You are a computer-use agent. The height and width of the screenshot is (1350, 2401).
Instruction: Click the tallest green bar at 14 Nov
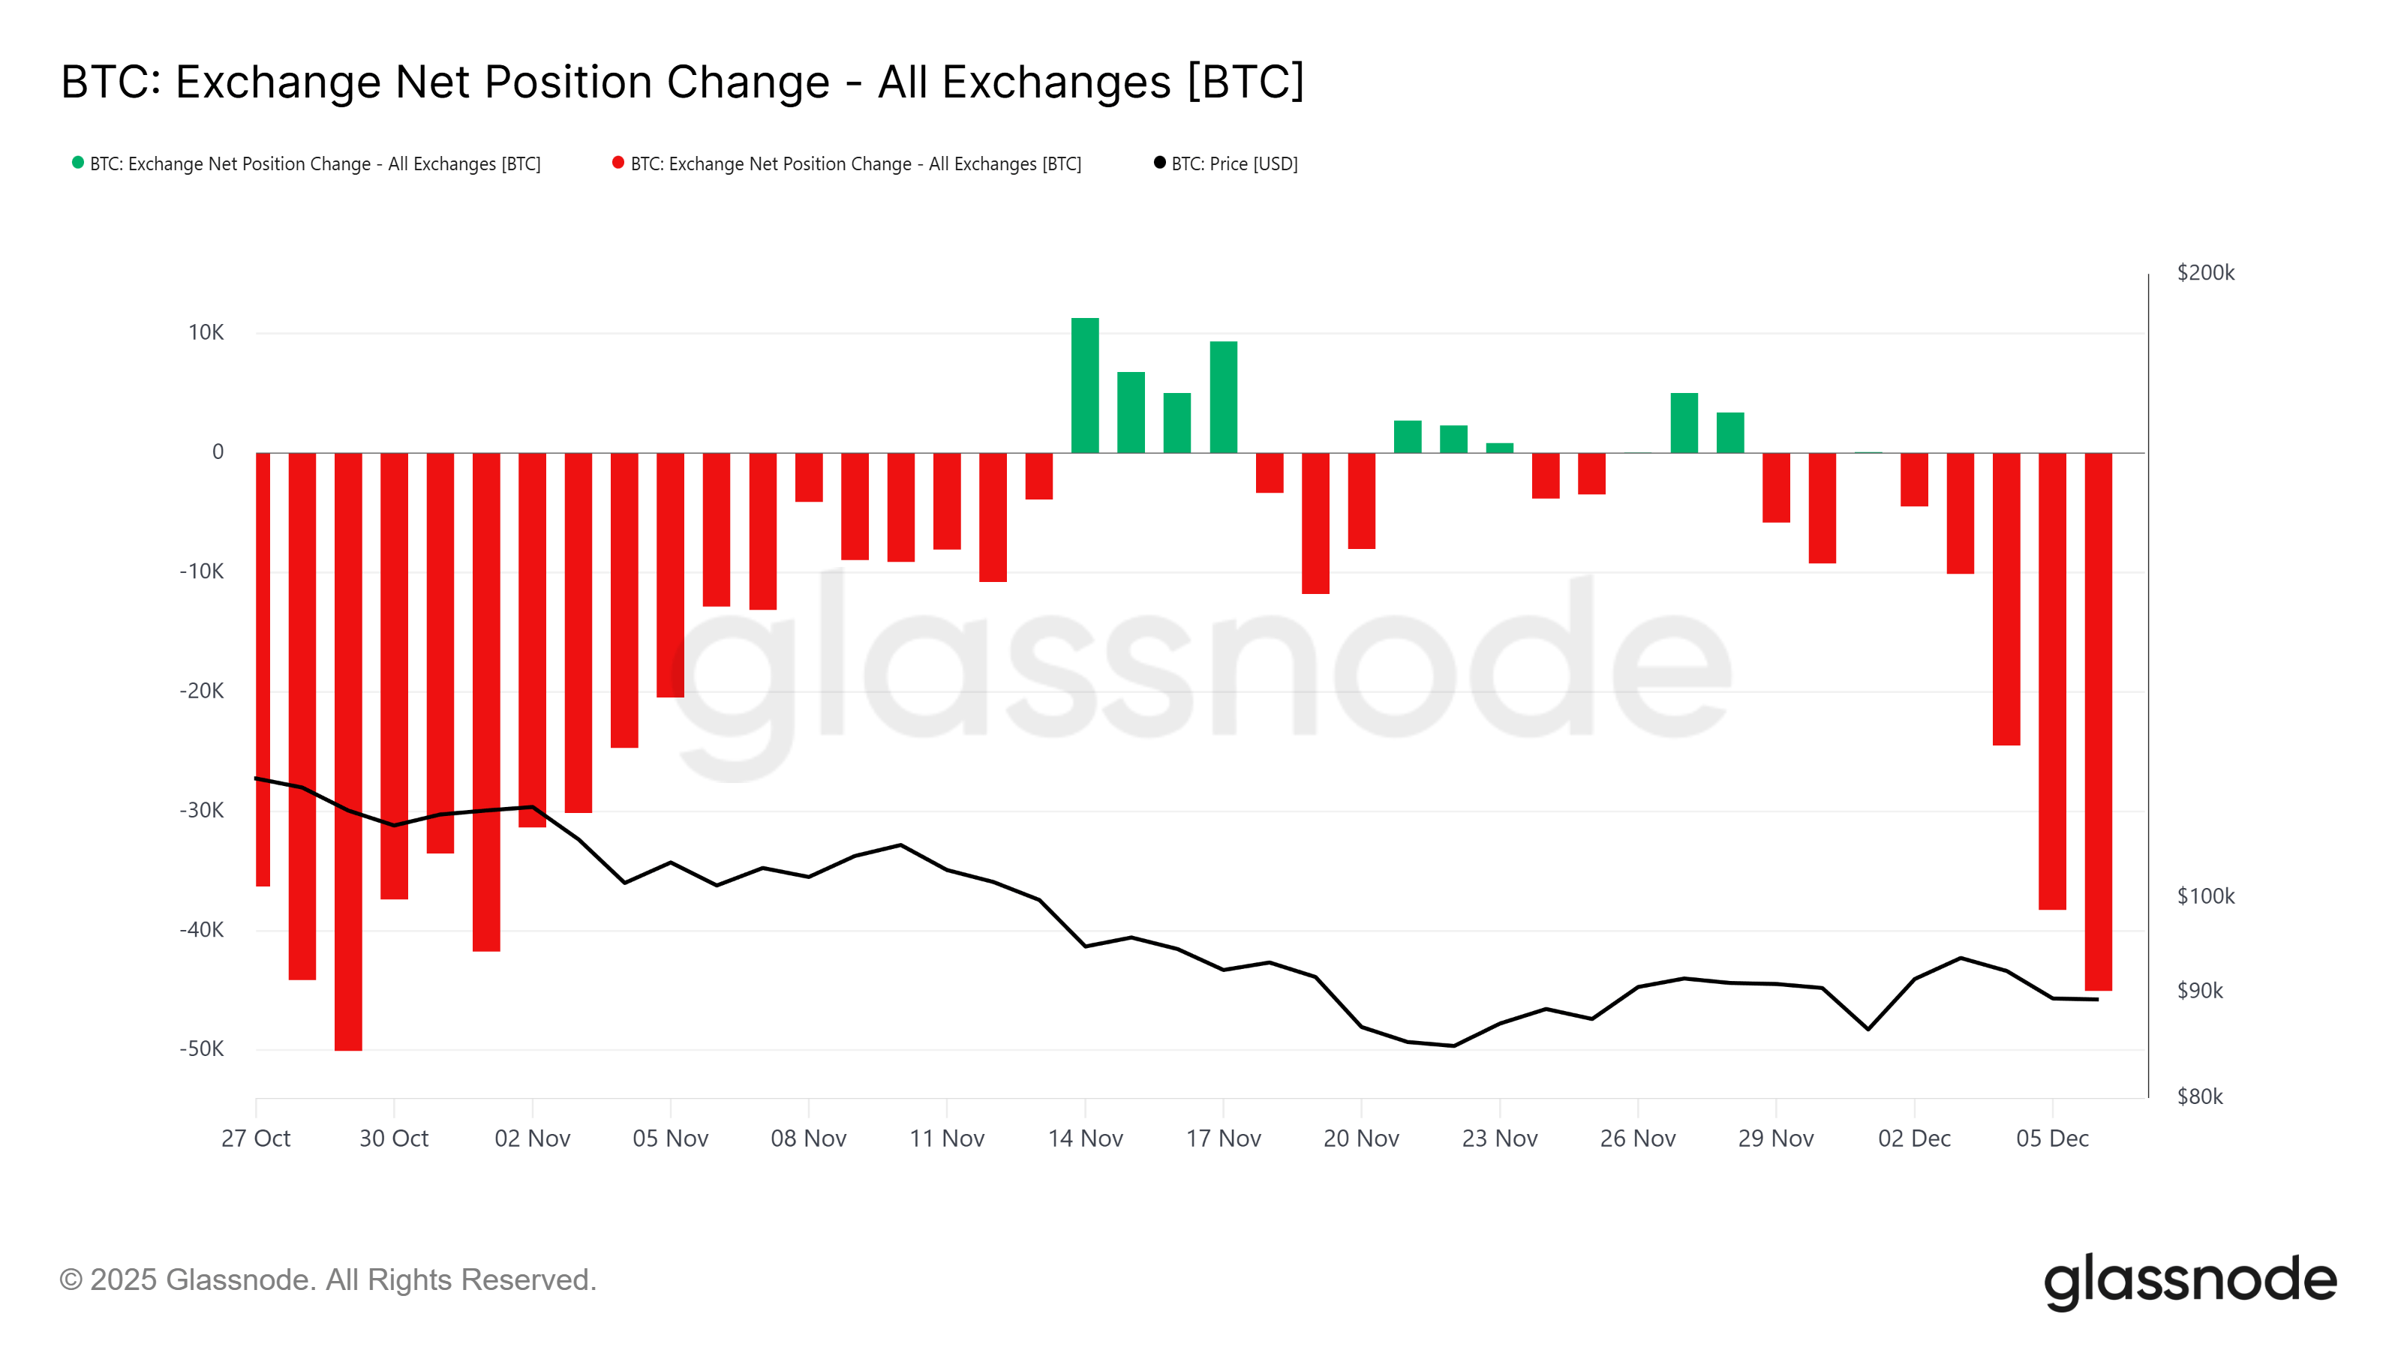(x=1085, y=385)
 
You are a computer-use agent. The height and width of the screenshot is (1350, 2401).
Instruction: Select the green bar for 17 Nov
(x=1223, y=397)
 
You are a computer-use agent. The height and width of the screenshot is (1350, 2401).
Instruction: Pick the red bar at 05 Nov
(x=670, y=574)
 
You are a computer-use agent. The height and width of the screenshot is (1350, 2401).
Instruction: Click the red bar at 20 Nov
(x=1361, y=500)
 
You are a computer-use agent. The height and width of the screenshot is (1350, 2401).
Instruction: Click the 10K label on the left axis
(x=206, y=332)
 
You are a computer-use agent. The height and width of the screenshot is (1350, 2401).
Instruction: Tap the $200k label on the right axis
(x=2205, y=273)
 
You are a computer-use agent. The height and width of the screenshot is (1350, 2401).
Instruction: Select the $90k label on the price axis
(x=2200, y=990)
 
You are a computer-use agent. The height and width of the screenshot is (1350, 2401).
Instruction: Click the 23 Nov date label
(x=1499, y=1138)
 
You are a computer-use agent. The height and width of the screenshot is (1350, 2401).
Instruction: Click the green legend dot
(x=78, y=163)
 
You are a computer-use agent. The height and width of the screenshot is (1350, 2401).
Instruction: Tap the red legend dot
(x=618, y=163)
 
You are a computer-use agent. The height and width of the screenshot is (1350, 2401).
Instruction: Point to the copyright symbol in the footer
(x=71, y=1280)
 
